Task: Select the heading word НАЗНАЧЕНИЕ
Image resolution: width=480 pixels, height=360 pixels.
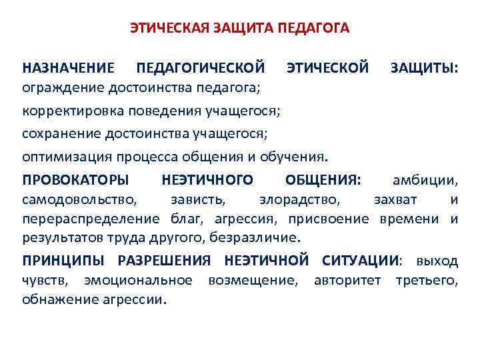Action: click(x=68, y=68)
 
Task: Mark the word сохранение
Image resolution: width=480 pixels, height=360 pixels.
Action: click(x=59, y=134)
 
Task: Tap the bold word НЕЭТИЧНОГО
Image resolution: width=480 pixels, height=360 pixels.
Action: click(x=207, y=180)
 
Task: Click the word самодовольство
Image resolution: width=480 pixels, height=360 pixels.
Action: click(x=79, y=199)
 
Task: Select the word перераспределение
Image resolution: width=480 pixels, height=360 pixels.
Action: click(x=91, y=219)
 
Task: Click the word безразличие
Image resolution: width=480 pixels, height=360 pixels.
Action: click(x=255, y=238)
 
